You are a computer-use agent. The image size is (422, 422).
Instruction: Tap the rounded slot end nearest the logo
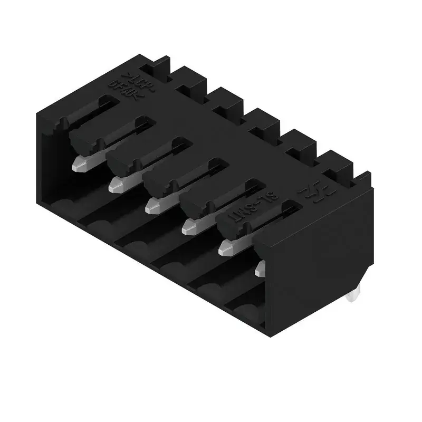click(289, 203)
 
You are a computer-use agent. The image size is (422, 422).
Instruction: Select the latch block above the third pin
click(158, 182)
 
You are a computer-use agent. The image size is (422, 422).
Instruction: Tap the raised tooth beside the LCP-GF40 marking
click(158, 66)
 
